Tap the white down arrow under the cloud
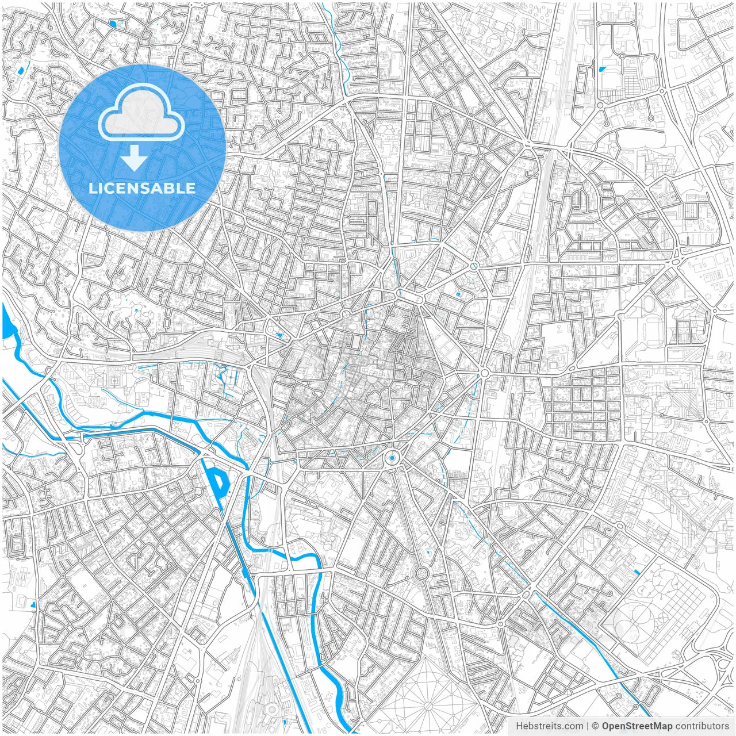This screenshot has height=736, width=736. [x=135, y=158]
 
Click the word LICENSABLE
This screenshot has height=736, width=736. [x=142, y=188]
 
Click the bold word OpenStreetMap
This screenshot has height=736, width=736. [x=637, y=726]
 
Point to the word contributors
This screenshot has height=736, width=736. [x=702, y=726]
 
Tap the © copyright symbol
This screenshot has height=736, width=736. [x=596, y=726]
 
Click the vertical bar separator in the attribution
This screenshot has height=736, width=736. [x=588, y=726]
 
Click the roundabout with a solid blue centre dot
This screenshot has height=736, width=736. [x=392, y=458]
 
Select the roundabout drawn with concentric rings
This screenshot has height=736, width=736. [x=421, y=573]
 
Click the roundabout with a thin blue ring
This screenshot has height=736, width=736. [x=473, y=266]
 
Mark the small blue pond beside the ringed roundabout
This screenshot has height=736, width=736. [x=458, y=294]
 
